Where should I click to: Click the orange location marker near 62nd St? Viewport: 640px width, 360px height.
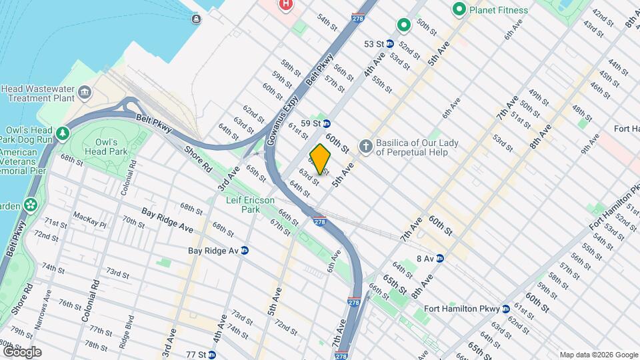pos(320,159)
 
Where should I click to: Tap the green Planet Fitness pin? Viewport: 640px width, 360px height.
pos(459,10)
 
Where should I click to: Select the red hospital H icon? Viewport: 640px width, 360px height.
pos(285,5)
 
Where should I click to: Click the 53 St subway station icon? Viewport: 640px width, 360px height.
pos(391,44)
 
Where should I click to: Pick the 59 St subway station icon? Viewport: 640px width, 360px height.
pos(327,123)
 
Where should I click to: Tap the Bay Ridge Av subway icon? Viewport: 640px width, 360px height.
pos(245,251)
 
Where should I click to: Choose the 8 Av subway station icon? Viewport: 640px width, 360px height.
pos(440,258)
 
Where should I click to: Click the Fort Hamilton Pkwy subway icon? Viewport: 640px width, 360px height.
pos(506,309)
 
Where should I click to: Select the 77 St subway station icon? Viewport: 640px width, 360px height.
pos(212,354)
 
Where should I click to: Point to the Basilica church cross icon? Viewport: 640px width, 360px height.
pos(365,145)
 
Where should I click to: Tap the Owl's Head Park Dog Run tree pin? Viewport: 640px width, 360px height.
pos(63,133)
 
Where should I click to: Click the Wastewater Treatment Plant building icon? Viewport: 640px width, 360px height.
pos(84,91)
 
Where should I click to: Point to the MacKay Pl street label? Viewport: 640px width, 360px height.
pos(89,217)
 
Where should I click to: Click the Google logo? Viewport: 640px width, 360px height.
pos(21,352)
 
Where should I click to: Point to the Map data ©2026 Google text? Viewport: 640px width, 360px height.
pos(597,355)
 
